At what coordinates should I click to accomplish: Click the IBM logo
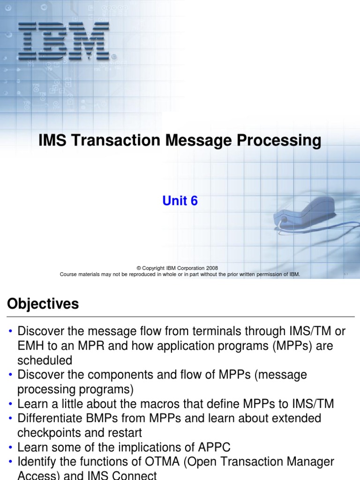pyautogui.click(x=64, y=41)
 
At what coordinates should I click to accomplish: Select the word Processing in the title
pyautogui.click(x=278, y=141)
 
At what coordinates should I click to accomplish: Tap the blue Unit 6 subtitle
pyautogui.click(x=180, y=201)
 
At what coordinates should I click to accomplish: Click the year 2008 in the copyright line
pyautogui.click(x=210, y=268)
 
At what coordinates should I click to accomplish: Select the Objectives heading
pyautogui.click(x=43, y=304)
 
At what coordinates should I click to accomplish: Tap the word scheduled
pyautogui.click(x=45, y=360)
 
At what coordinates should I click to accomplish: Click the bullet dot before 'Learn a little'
pyautogui.click(x=10, y=404)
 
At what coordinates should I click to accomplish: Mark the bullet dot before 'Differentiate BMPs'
pyautogui.click(x=10, y=418)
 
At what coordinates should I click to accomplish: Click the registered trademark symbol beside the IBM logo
pyautogui.click(x=114, y=57)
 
